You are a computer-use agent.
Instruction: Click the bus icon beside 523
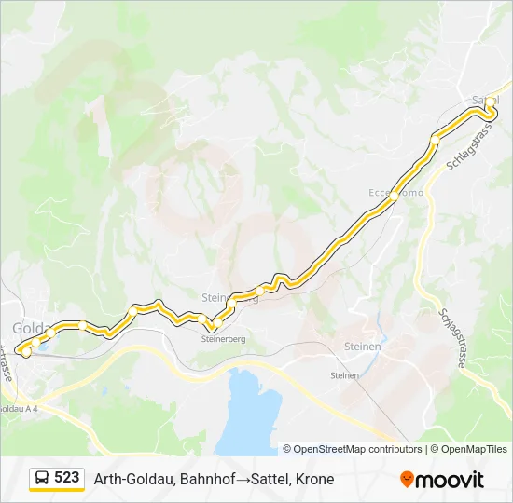pos(42,479)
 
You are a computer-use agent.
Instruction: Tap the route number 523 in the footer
pos(66,478)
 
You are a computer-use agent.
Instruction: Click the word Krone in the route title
pos(314,479)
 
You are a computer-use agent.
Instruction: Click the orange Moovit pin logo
pos(407,479)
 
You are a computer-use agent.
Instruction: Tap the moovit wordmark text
pos(451,480)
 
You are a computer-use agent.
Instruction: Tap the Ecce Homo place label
pos(395,192)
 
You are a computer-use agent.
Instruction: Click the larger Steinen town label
pos(363,347)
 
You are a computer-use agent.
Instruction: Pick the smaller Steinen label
pos(344,375)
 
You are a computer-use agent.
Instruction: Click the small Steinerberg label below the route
pos(223,339)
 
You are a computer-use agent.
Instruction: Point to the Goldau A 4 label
pos(19,408)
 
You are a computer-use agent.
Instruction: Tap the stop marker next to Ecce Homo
pos(395,197)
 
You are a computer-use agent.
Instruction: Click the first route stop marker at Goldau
pos(25,352)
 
